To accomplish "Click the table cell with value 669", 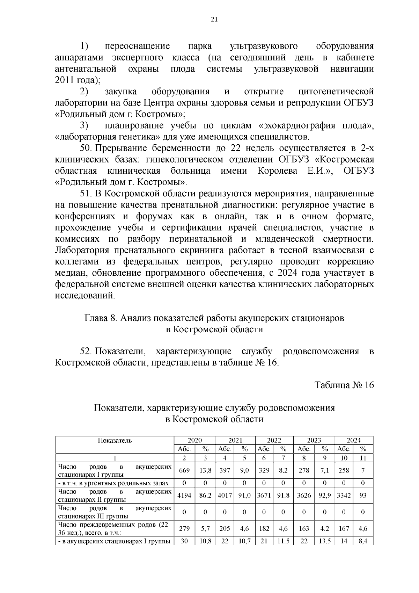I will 184,470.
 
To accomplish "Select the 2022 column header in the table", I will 274,440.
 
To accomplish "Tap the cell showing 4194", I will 184,496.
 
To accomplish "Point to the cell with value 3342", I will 344,496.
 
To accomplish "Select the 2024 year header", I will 353,440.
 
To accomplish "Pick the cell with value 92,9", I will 324,496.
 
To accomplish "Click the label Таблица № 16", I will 344,385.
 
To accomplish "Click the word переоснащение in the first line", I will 137,46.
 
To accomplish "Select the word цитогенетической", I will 336,92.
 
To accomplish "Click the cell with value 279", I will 184,529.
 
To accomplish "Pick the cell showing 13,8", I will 205,470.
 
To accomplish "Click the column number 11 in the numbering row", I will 363,458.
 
